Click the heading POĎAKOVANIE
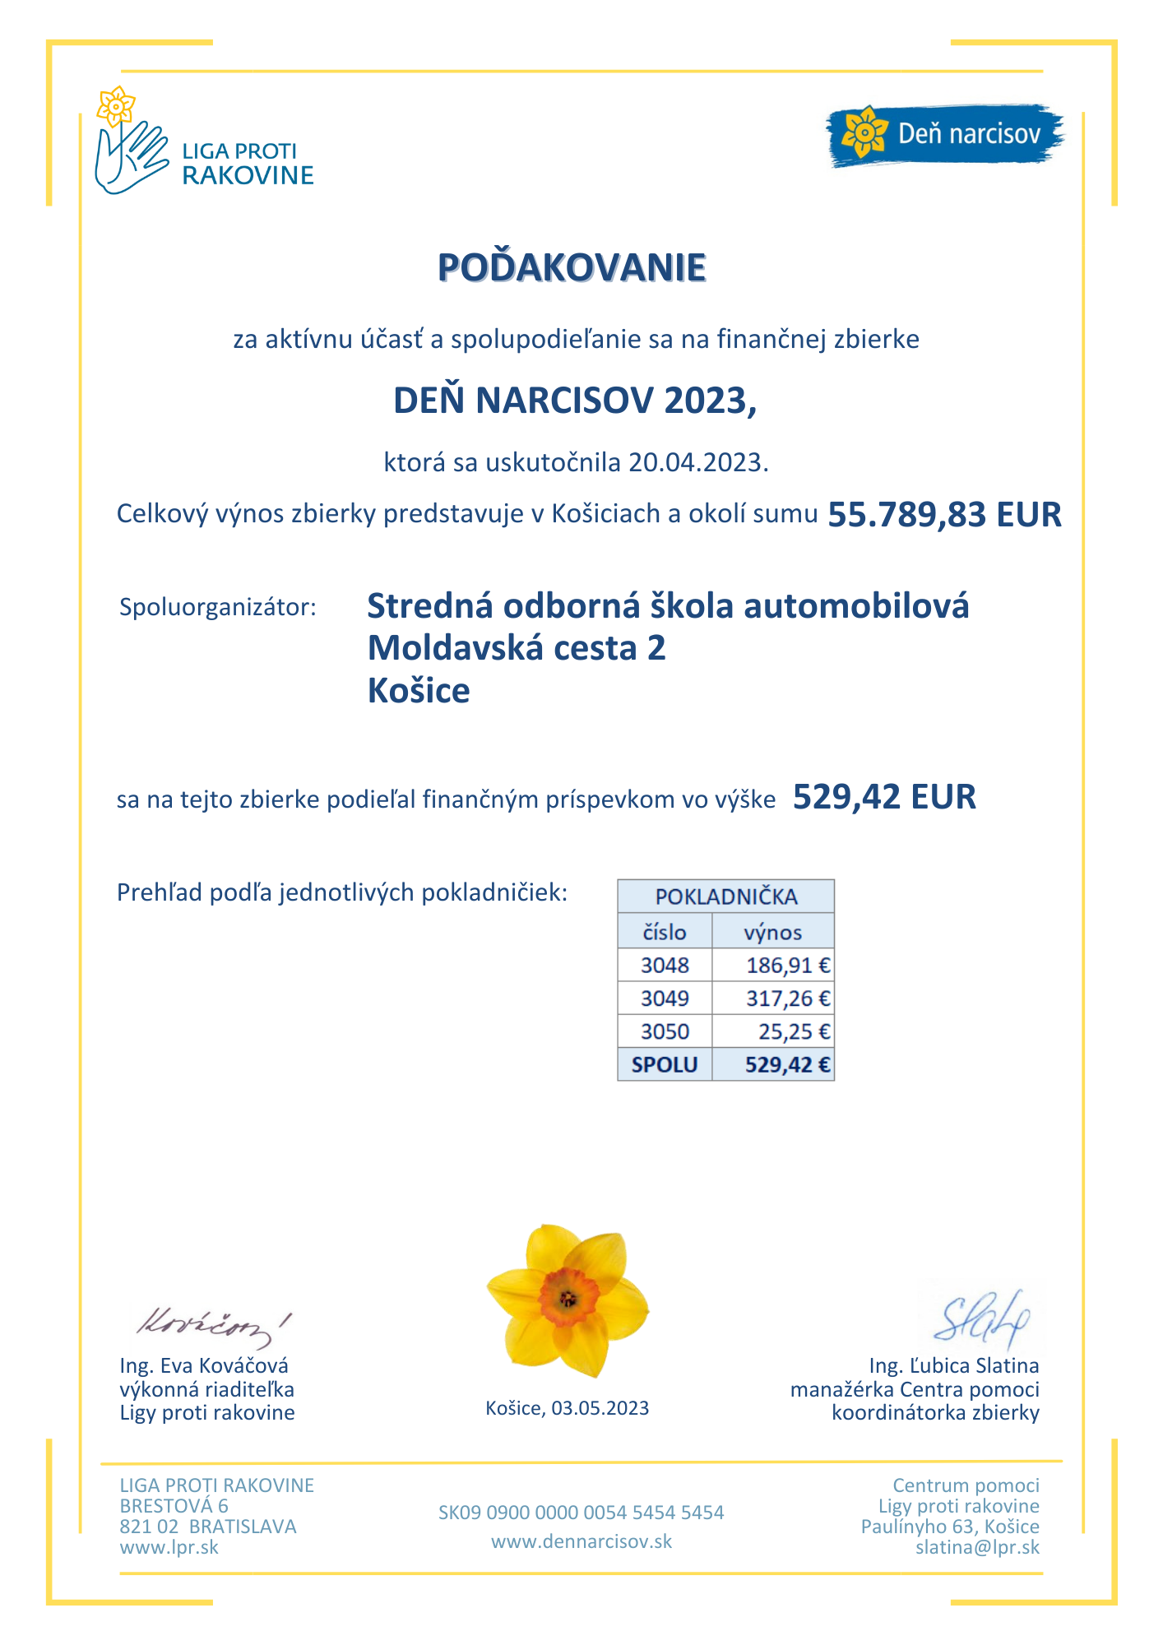pyautogui.click(x=572, y=267)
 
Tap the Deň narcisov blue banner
pyautogui.click(x=944, y=134)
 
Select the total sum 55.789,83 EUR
pyautogui.click(x=944, y=515)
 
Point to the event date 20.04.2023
pyautogui.click(x=697, y=462)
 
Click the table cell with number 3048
pyautogui.click(x=665, y=965)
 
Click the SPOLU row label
pyautogui.click(x=665, y=1064)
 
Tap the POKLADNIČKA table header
pyautogui.click(x=725, y=897)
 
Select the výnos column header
pyautogui.click(x=772, y=932)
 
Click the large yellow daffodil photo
pyautogui.click(x=568, y=1300)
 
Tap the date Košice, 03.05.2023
pyautogui.click(x=567, y=1408)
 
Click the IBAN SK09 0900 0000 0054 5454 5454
pyautogui.click(x=581, y=1513)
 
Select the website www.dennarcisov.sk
pyautogui.click(x=581, y=1541)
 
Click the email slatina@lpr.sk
pyautogui.click(x=977, y=1547)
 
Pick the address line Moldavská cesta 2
pyautogui.click(x=516, y=648)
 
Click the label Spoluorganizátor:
pyautogui.click(x=217, y=608)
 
